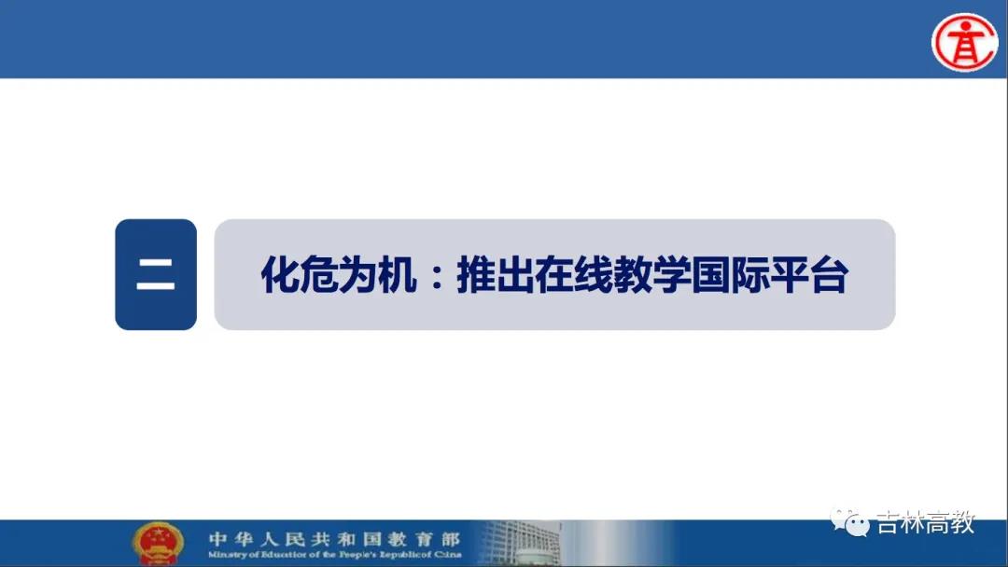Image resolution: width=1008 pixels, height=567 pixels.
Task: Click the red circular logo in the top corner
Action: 964,42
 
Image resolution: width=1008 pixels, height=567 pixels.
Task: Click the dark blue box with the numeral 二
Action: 156,274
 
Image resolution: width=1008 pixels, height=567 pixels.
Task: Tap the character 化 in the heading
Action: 280,275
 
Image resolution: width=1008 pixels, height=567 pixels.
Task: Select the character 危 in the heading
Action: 319,275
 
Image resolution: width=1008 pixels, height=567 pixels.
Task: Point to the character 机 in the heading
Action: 398,275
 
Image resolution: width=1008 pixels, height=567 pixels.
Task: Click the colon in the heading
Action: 437,275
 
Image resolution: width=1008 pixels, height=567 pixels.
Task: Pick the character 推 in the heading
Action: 476,275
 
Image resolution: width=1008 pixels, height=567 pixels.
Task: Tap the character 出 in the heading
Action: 515,275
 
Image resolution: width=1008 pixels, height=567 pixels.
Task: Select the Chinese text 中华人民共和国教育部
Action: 334,539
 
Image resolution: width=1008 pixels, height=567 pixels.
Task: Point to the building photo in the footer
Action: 521,544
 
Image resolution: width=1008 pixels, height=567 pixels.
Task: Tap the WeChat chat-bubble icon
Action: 849,522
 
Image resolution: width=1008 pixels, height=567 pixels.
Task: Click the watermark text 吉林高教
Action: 927,522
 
